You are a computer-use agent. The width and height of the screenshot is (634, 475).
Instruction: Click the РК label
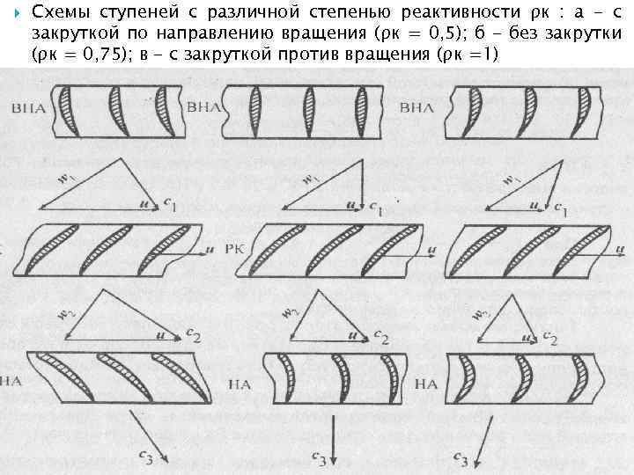237,250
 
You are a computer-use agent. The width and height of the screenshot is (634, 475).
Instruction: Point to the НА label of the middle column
240,384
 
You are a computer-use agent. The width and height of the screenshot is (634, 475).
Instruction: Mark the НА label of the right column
425,384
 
